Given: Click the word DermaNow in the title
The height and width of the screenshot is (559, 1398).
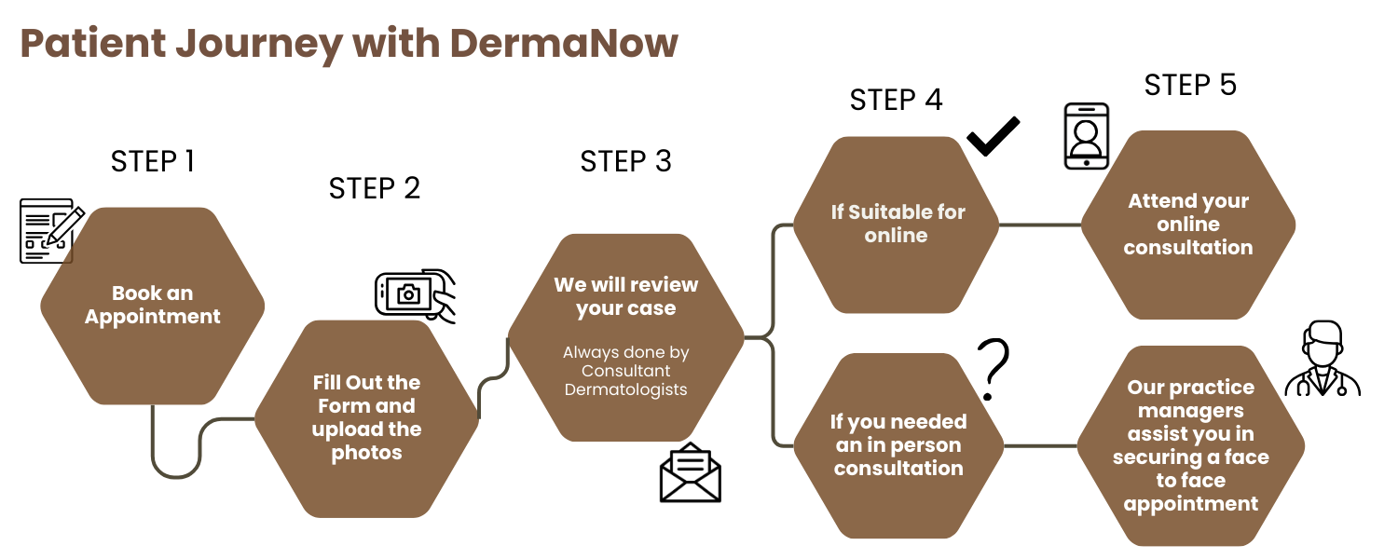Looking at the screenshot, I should tap(563, 44).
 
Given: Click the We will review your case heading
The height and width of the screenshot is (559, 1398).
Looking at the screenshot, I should tap(626, 296).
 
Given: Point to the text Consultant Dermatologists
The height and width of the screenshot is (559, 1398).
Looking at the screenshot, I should tap(626, 380).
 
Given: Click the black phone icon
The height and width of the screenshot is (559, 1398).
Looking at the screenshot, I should tap(1087, 137).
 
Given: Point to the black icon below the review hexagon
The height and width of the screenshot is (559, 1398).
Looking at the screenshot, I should tap(692, 474).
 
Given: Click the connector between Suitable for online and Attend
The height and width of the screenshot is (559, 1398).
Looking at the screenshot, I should tap(1039, 225).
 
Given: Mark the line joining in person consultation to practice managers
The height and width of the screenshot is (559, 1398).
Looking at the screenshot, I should tap(1040, 446).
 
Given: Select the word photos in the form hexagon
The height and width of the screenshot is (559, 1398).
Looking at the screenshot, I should tap(367, 454).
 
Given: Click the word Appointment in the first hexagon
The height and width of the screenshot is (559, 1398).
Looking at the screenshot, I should tap(153, 317).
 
